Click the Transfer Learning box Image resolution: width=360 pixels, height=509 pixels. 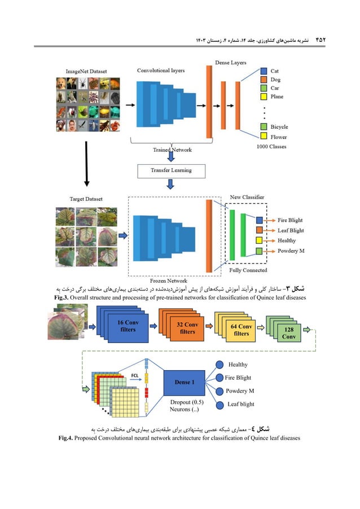tap(171, 170)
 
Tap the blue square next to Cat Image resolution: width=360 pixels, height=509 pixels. tap(264, 71)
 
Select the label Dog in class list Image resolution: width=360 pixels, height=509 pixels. tap(275, 80)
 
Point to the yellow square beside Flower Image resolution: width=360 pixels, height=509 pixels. tap(264, 137)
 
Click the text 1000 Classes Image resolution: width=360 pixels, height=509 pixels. tap(271, 146)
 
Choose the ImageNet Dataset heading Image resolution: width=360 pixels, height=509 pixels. tap(86, 71)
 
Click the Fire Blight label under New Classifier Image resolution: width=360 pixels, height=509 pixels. tap(290, 220)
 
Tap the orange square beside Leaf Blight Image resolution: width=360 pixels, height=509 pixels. tap(259, 230)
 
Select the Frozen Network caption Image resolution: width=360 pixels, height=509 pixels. tap(169, 280)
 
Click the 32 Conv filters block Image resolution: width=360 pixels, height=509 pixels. tap(187, 328)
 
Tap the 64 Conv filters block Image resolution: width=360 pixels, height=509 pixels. tap(241, 330)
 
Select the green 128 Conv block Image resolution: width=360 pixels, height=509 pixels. tap(289, 332)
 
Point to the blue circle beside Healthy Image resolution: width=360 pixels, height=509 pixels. tap(221, 365)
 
